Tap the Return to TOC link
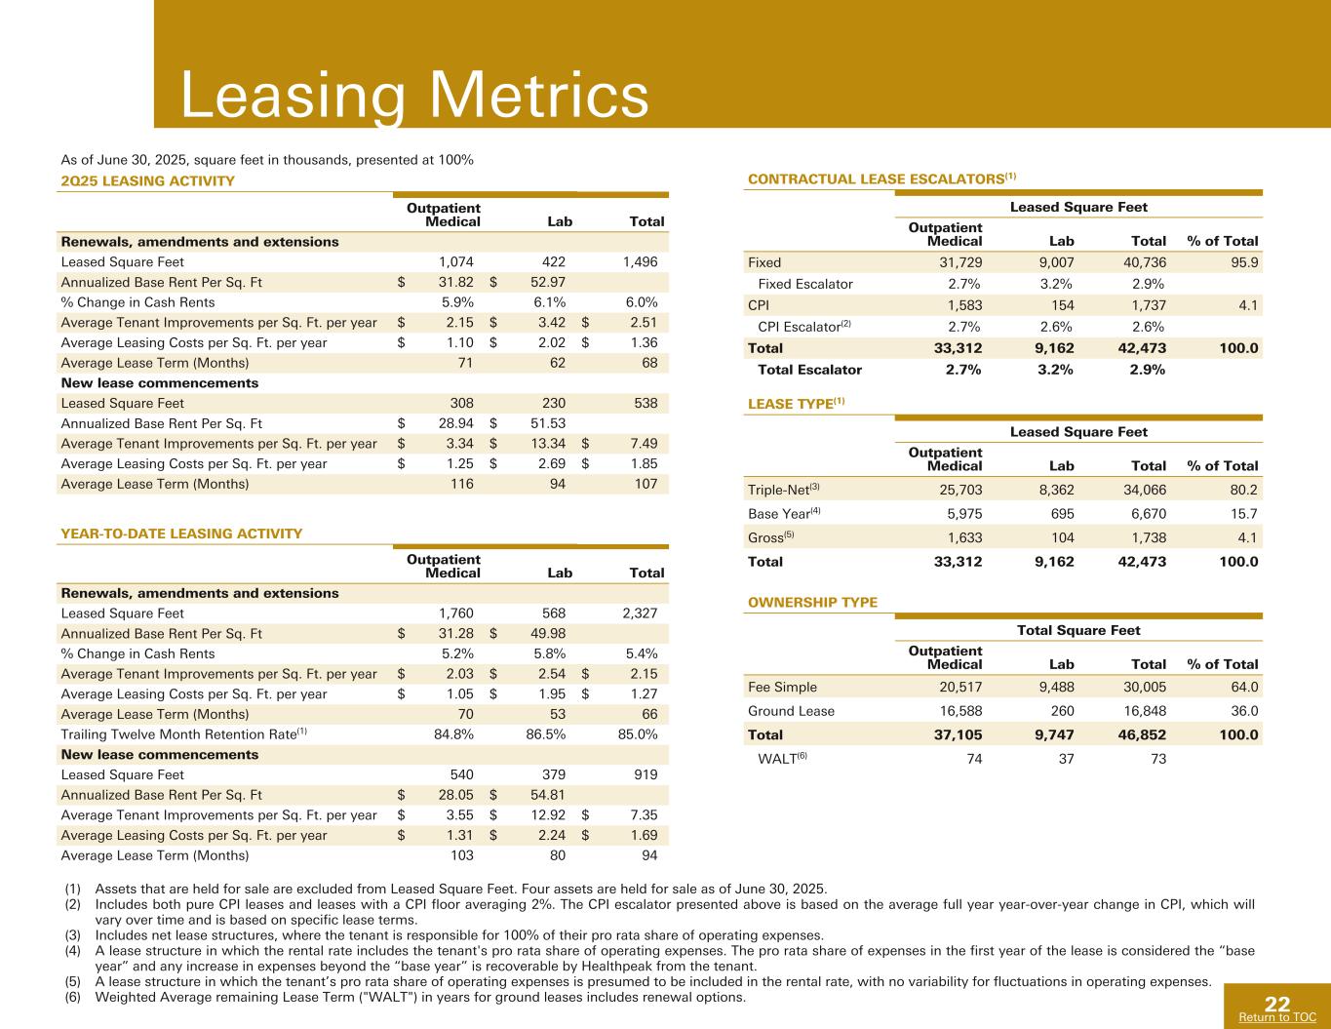point(1276,1017)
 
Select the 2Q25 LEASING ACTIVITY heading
point(147,180)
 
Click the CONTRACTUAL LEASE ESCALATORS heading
point(881,178)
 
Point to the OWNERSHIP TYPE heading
point(811,602)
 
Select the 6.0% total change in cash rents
point(639,302)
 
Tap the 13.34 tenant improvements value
point(547,444)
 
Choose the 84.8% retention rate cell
point(453,734)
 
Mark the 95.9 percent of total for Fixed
point(1243,262)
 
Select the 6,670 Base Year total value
point(1146,514)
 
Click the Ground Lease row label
point(791,711)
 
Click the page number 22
point(1277,1005)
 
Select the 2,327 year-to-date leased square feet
point(638,613)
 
